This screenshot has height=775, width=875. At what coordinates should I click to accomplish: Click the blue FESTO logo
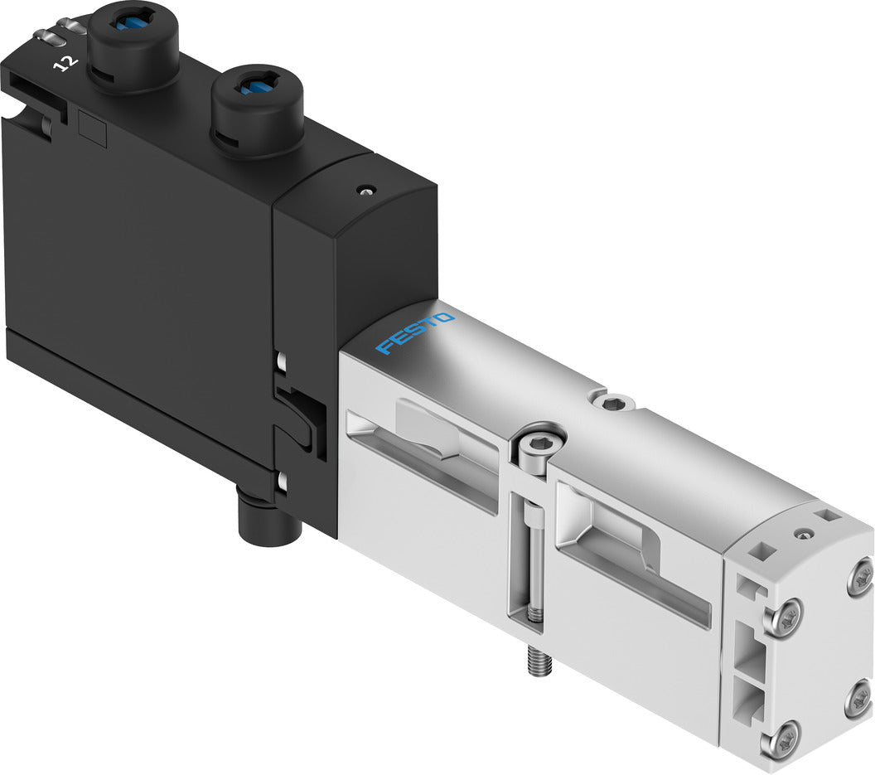point(415,333)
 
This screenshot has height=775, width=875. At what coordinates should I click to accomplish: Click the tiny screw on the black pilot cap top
point(362,191)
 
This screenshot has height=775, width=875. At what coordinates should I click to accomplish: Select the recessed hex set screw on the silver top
point(615,404)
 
